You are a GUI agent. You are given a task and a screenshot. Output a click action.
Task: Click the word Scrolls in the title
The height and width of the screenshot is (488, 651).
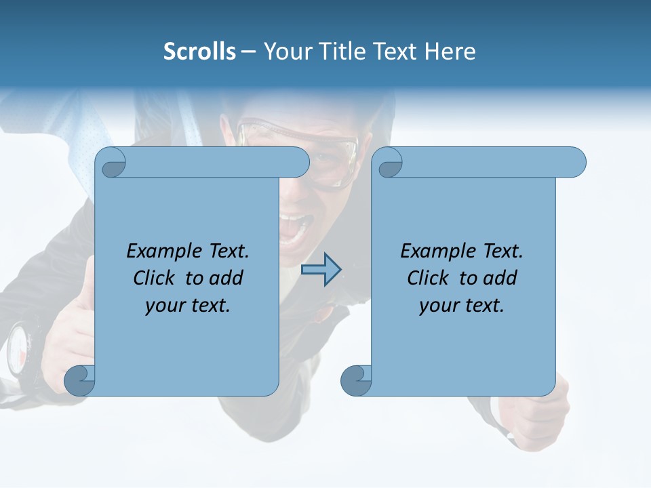click(199, 52)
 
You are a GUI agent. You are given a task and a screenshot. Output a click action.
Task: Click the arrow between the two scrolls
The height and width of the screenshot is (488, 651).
click(321, 270)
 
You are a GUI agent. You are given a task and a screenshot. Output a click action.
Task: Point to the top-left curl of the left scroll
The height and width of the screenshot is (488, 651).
click(112, 163)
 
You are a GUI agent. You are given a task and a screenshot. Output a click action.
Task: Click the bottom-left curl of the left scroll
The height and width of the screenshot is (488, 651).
click(80, 380)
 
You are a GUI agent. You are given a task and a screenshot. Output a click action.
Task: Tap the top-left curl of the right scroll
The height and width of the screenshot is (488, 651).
click(389, 163)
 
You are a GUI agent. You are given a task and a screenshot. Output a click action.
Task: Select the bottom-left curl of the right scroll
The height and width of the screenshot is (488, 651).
click(356, 380)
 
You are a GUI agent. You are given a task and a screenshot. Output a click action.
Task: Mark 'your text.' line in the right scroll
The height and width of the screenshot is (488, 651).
click(462, 305)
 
